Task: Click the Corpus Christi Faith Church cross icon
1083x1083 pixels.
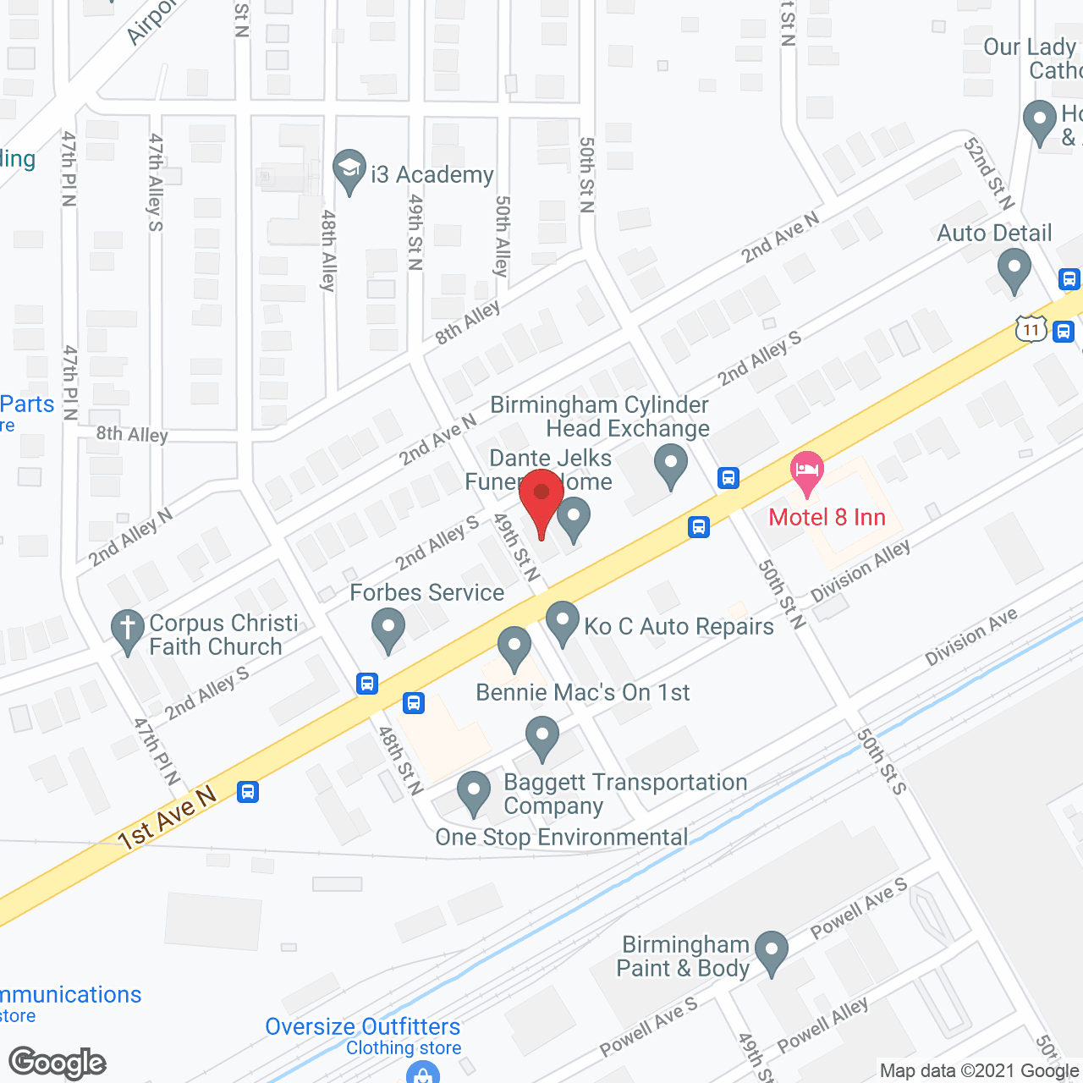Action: [128, 631]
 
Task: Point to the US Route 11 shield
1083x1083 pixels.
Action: [1031, 328]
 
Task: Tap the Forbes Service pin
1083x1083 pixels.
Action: [388, 631]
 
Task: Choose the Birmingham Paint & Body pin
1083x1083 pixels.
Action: [771, 952]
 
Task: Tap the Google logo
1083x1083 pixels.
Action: [58, 1062]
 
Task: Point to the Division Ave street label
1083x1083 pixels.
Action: [970, 636]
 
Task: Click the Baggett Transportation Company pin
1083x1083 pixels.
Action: [542, 737]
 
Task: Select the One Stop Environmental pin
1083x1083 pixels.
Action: [474, 793]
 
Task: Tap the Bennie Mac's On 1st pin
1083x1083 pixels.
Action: [514, 648]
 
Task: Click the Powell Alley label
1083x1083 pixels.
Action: [822, 1025]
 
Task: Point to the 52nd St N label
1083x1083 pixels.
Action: [988, 173]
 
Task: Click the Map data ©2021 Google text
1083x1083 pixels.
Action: [980, 1070]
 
